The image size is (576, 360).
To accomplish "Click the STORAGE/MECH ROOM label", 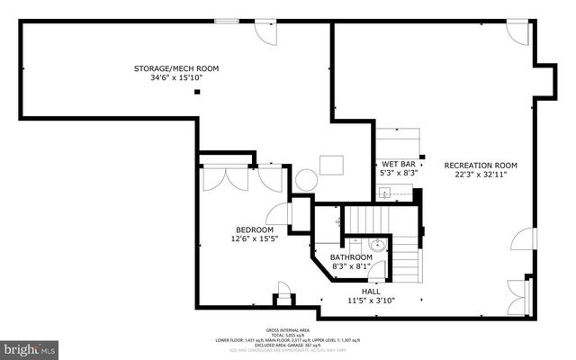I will click(175, 68).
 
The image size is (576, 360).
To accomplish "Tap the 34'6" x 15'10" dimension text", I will click(175, 78).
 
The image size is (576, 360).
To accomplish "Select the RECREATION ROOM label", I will click(481, 165).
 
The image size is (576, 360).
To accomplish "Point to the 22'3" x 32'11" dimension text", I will click(481, 175).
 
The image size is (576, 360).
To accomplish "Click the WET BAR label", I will click(397, 164).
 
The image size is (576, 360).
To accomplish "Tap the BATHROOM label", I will click(350, 257).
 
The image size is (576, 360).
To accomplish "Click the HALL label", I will click(370, 292).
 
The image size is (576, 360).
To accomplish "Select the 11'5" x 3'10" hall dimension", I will click(370, 301).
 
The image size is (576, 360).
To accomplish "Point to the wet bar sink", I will click(384, 193).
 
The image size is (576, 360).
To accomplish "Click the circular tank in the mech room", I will click(307, 178).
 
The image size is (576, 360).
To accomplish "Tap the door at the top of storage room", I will click(266, 31).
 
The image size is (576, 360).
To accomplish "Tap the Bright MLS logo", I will click(30, 346).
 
